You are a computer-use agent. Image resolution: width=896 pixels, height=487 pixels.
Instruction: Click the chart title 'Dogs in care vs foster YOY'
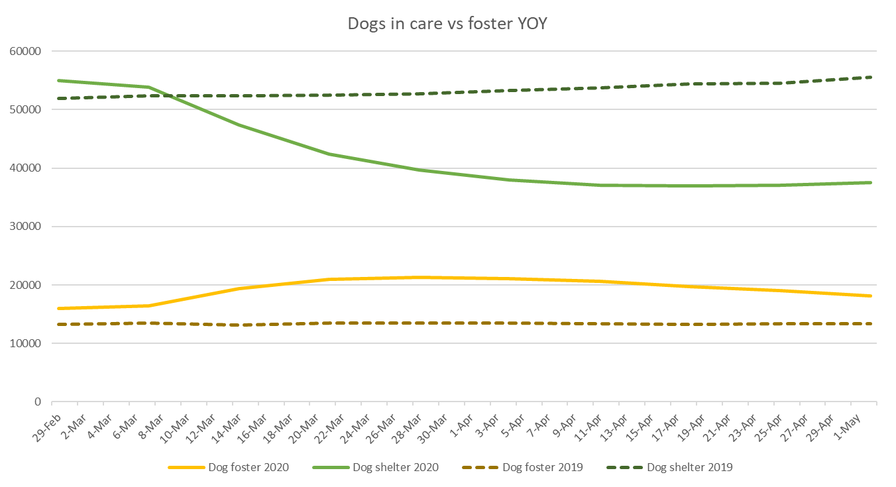coord(448,24)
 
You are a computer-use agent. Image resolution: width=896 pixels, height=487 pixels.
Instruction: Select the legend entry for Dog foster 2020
coord(229,467)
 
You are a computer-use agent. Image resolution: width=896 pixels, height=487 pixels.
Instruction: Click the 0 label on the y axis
coord(38,402)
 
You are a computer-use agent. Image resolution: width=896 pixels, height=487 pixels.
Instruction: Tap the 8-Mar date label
coord(145,421)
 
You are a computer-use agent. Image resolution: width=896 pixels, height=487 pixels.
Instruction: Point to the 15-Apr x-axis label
coord(634,421)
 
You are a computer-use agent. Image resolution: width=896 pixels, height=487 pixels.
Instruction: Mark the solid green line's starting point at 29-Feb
coord(58,80)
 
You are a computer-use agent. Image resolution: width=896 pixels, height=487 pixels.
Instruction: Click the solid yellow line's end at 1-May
coord(870,296)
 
